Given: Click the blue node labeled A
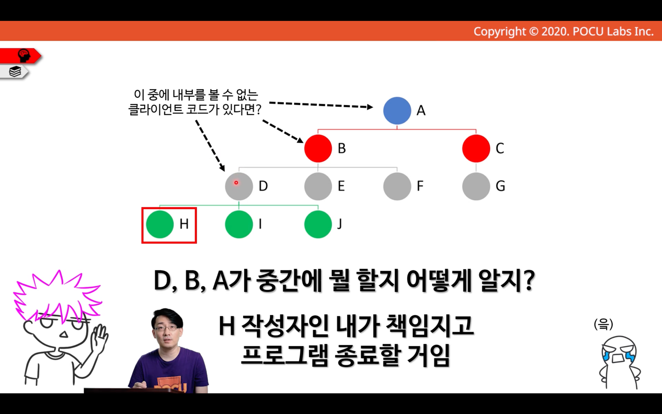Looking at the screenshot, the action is (x=397, y=110).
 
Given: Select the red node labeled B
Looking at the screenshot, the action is (x=318, y=149).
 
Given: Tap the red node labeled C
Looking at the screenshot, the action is (x=476, y=149).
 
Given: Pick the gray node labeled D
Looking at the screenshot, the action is (x=239, y=186).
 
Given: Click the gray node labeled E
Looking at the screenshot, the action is (x=318, y=186).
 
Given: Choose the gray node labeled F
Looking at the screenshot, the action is (x=397, y=186).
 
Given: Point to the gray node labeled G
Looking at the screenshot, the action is (x=476, y=186).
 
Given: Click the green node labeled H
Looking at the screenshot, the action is (x=160, y=224).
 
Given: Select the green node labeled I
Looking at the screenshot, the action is (x=239, y=224).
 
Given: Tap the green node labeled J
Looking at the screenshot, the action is (x=318, y=224).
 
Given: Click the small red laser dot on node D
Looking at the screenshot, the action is (x=236, y=183).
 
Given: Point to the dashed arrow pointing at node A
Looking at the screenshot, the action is (x=321, y=105).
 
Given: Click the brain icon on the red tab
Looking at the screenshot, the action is (x=24, y=56).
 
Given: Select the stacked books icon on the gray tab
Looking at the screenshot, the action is (x=15, y=71).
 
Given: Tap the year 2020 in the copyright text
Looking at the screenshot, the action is (x=555, y=32).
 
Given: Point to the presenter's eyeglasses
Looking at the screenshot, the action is (x=166, y=328).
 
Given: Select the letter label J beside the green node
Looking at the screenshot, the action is (x=340, y=224).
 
